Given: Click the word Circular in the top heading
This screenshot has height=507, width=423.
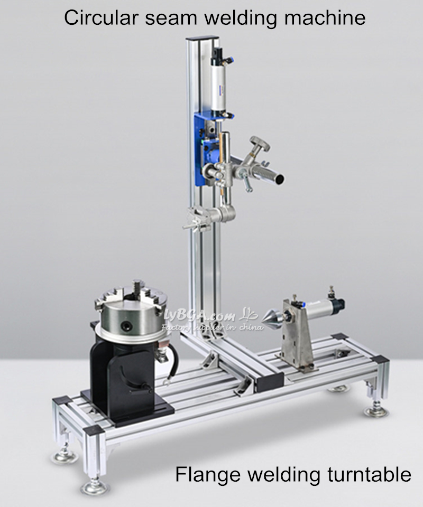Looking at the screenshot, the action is tap(101, 17).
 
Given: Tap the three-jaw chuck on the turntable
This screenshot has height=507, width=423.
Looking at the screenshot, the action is tap(131, 310).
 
